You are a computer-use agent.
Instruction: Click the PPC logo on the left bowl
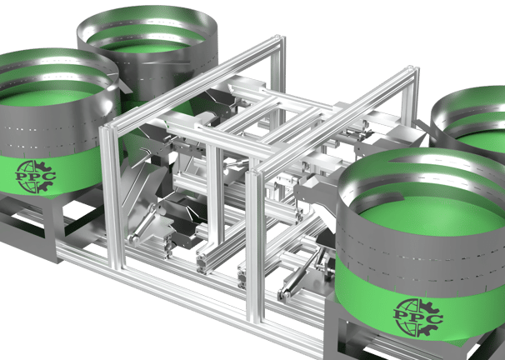(x=36, y=177)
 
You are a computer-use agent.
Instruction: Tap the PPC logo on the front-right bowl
(x=417, y=317)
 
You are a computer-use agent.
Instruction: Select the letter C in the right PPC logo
(x=433, y=320)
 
